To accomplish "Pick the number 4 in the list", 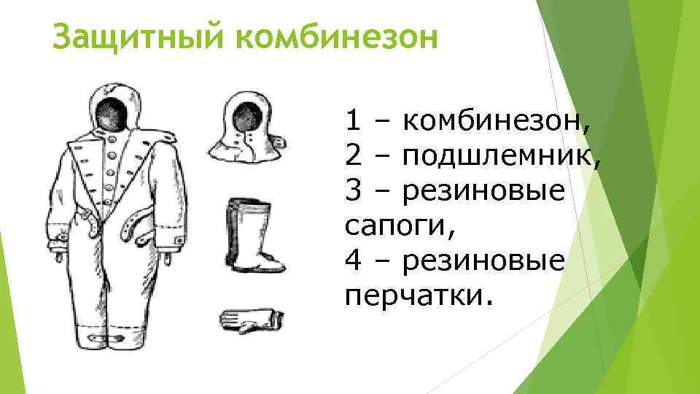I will (354, 260).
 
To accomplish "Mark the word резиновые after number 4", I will (483, 260).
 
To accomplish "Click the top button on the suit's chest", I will (113, 136).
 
